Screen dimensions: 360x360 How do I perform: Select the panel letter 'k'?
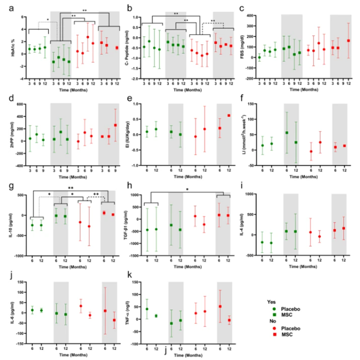pos(128,275)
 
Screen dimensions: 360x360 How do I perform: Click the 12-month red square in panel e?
pos(229,116)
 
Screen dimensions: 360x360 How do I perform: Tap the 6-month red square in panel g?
pos(104,213)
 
